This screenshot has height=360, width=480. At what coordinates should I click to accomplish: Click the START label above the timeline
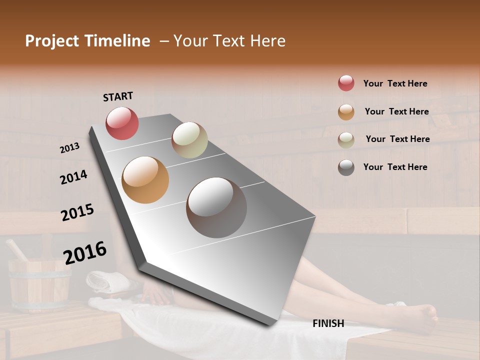coord(118,96)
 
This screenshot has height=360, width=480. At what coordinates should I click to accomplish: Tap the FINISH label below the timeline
coord(328,323)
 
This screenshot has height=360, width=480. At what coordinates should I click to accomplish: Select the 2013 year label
coord(69,147)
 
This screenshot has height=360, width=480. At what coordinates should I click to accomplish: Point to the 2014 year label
coord(73,177)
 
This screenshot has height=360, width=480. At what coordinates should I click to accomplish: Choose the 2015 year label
coord(77,212)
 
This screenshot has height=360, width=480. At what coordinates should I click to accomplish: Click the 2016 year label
coord(85,252)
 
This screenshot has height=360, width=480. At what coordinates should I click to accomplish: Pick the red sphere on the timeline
coord(122,123)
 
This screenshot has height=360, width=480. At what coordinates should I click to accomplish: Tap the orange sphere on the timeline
coord(145,180)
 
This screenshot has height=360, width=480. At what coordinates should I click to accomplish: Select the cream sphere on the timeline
coord(189,140)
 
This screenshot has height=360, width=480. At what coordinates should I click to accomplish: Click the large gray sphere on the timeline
coord(216,207)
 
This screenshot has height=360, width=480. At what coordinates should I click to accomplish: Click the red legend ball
coord(346,83)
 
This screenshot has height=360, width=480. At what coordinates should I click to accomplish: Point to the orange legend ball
coord(346,112)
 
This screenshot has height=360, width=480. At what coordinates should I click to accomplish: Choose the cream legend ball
coord(346,139)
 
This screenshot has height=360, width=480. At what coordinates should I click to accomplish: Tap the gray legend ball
coord(346,167)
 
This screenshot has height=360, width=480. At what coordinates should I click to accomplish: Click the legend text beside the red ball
coord(395,83)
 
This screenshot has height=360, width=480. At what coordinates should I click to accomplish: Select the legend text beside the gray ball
coord(395,167)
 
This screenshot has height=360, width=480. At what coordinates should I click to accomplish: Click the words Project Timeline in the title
coord(87,41)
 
